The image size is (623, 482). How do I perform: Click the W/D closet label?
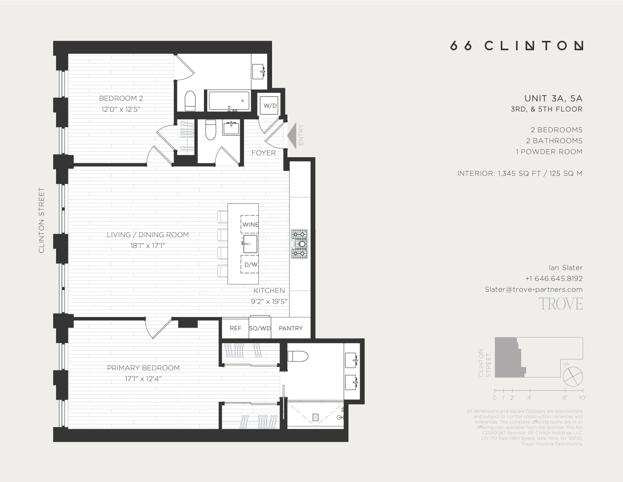point(270,106)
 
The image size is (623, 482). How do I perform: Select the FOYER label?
point(263,153)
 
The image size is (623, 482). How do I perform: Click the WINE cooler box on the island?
point(250,224)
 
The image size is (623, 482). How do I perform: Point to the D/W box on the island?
point(250,264)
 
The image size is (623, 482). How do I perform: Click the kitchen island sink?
point(250,244)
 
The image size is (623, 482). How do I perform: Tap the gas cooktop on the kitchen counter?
point(299,244)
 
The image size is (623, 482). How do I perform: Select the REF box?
point(235,328)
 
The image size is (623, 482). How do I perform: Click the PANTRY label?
point(291,328)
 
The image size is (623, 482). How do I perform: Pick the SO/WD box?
point(260,328)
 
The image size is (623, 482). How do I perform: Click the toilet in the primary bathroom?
point(298,356)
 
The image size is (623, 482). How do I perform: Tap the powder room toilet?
point(211,131)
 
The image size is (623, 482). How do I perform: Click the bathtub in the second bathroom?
point(229,101)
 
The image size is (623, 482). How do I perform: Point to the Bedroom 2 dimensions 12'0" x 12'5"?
point(121,109)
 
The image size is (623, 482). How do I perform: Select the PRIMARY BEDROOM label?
point(143,368)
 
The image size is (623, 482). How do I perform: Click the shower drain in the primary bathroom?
point(315,417)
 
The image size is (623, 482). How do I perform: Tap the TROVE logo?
point(561,304)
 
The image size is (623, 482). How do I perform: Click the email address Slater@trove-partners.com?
point(534,289)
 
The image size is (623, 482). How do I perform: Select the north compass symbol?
point(573,377)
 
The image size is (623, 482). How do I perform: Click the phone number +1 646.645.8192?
point(554,279)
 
